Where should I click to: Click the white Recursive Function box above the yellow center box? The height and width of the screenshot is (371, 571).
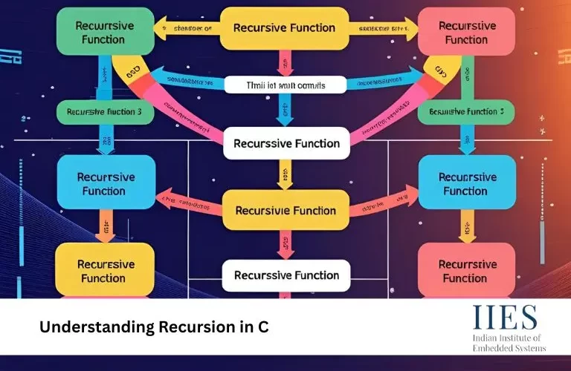[285, 142]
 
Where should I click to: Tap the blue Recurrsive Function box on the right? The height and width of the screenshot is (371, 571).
[465, 184]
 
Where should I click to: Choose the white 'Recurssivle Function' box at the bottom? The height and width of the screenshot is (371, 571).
[285, 275]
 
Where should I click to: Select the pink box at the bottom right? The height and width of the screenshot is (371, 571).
[465, 270]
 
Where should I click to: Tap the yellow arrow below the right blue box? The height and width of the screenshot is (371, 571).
[465, 223]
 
